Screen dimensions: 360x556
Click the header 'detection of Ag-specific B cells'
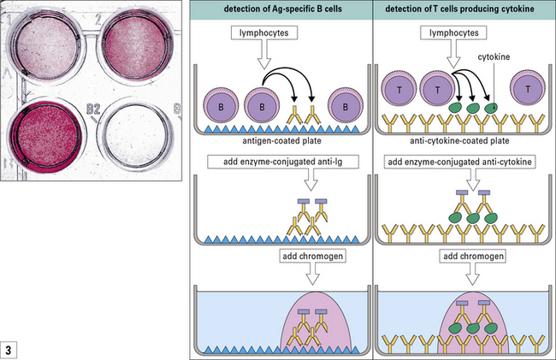(281, 9)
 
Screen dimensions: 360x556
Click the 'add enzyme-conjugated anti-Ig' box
(281, 162)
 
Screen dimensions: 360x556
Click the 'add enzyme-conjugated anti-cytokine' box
(464, 162)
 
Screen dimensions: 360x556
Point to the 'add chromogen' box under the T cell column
(464, 257)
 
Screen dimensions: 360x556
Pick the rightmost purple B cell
(345, 109)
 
